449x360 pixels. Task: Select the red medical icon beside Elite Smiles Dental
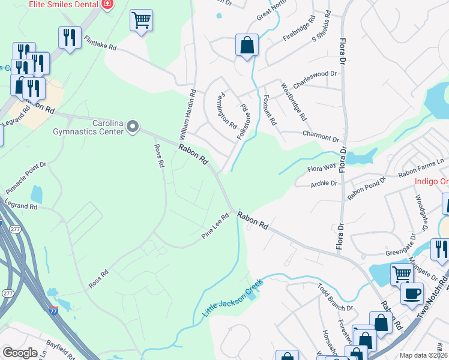click(107, 4)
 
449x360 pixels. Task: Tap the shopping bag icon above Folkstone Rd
click(247, 45)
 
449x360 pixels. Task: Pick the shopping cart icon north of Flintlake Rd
click(141, 20)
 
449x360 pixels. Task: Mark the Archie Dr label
click(324, 183)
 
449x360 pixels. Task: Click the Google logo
click(20, 353)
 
